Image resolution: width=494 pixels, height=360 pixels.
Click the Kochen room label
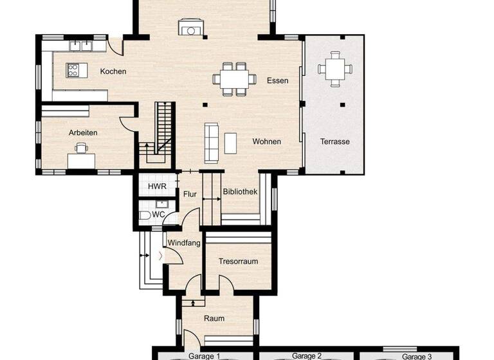[113, 71]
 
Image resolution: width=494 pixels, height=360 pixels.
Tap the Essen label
[277, 80]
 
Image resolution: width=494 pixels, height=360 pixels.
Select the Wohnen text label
[266, 141]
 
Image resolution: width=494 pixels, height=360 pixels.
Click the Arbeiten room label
[83, 132]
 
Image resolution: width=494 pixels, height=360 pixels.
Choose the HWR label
[157, 186]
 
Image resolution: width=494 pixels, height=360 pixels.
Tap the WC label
[158, 214]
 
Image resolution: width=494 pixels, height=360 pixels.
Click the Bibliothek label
[241, 192]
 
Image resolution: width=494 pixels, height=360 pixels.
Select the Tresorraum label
[238, 262]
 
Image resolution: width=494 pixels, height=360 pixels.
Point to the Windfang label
[185, 243]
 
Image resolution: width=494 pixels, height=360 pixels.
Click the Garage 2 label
[307, 355]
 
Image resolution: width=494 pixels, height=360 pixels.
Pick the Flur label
[190, 194]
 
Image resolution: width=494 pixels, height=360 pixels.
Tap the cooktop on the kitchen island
[73, 70]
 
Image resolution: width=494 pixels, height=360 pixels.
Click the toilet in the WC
[144, 215]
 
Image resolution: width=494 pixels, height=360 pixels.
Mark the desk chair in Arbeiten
[80, 148]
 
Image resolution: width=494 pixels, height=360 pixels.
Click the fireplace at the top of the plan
[190, 29]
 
